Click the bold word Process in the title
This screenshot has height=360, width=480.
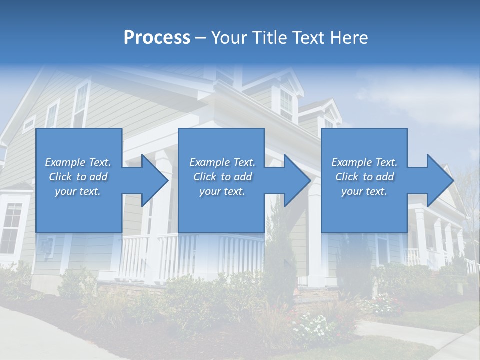point(157,38)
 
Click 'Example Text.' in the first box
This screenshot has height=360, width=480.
point(78,162)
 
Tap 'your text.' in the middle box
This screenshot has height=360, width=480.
point(222,191)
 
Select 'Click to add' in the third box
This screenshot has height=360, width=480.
point(364,177)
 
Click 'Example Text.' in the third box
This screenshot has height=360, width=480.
point(364,162)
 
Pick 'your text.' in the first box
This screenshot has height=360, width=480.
point(78,191)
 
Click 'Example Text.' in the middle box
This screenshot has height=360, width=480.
point(222,162)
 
